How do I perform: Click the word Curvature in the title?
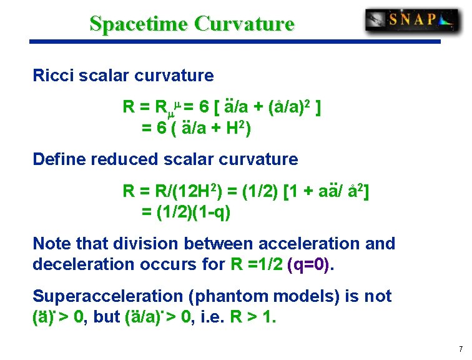click(x=243, y=24)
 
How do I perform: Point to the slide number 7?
click(x=460, y=349)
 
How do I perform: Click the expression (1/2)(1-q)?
click(x=186, y=213)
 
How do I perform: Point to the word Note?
click(x=51, y=243)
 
